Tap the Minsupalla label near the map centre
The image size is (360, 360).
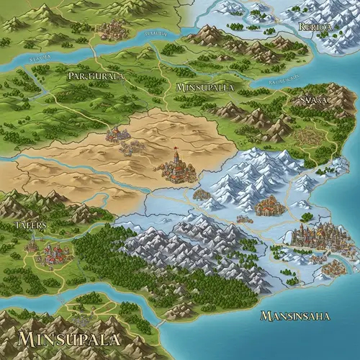point(204,87)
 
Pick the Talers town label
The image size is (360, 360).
point(30,225)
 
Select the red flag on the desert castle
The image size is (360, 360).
point(175,150)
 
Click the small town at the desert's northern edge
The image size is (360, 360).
point(117,134)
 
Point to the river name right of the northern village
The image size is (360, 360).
point(156,33)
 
